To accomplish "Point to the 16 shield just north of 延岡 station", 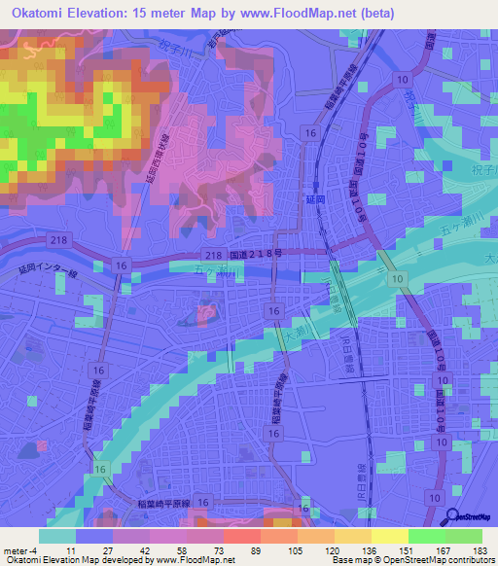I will pyautogui.click(x=309, y=132).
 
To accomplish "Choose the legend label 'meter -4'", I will pyautogui.click(x=18, y=550).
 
